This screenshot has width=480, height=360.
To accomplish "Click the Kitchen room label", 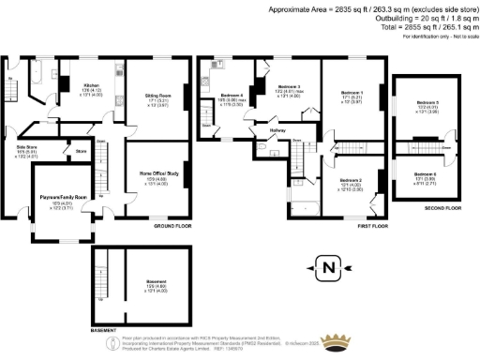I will pyautogui.click(x=91, y=84).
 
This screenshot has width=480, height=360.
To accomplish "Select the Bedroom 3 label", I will pyautogui.click(x=286, y=87).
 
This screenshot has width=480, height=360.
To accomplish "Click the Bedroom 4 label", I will pyautogui.click(x=232, y=96).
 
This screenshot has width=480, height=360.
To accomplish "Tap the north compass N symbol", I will pyautogui.click(x=328, y=268).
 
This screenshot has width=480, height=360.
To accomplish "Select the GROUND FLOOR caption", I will pyautogui.click(x=172, y=227).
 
